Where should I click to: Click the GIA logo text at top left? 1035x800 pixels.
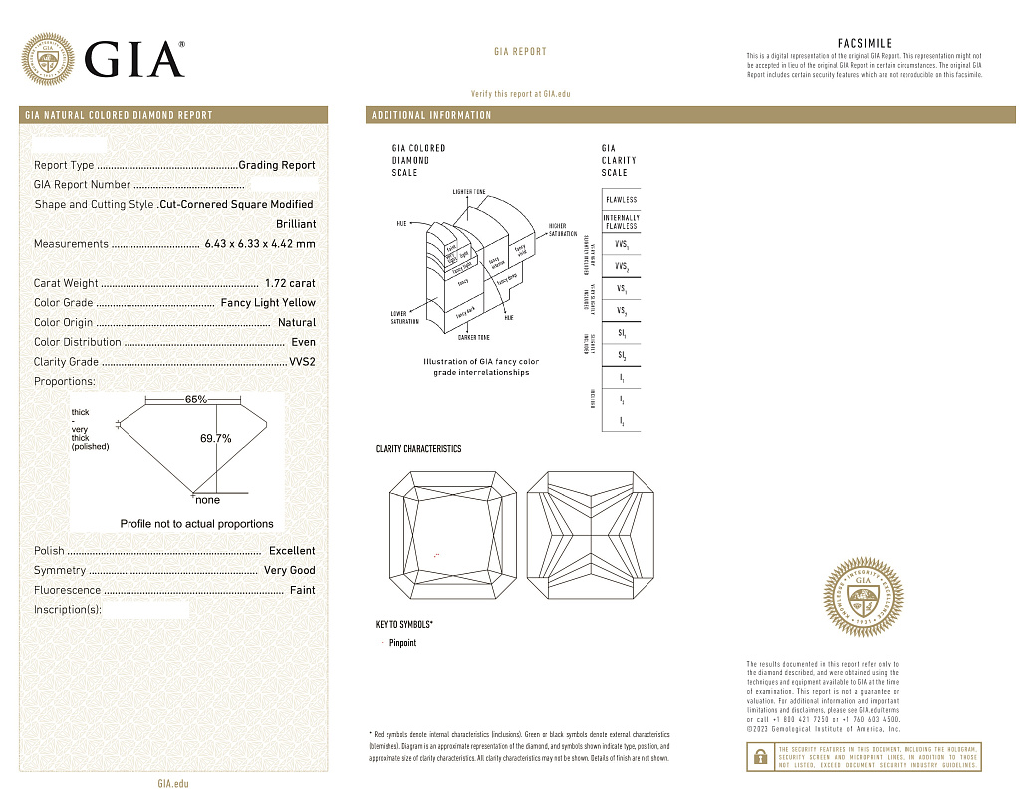click(135, 59)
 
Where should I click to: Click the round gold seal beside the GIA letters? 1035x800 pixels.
click(48, 59)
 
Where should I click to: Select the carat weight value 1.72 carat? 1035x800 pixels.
click(290, 283)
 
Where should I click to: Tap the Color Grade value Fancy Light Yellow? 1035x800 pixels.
click(267, 303)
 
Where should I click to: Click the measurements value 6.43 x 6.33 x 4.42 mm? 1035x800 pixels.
click(259, 244)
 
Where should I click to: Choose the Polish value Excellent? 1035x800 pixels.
click(292, 551)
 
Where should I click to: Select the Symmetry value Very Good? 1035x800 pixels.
click(289, 571)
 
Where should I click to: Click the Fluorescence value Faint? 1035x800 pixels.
click(302, 590)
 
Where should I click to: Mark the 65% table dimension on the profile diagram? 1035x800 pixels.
click(196, 400)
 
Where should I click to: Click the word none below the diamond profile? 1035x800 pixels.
click(207, 500)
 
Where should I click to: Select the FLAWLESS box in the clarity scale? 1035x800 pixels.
click(621, 200)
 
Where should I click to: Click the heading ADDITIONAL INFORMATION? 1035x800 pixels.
click(431, 115)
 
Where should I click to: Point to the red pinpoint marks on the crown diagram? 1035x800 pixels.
click(437, 553)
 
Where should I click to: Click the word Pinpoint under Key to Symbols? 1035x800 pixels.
click(402, 643)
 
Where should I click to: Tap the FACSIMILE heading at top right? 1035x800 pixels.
click(865, 44)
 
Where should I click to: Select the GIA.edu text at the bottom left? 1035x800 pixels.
click(173, 784)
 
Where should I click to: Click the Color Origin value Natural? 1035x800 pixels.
click(297, 323)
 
